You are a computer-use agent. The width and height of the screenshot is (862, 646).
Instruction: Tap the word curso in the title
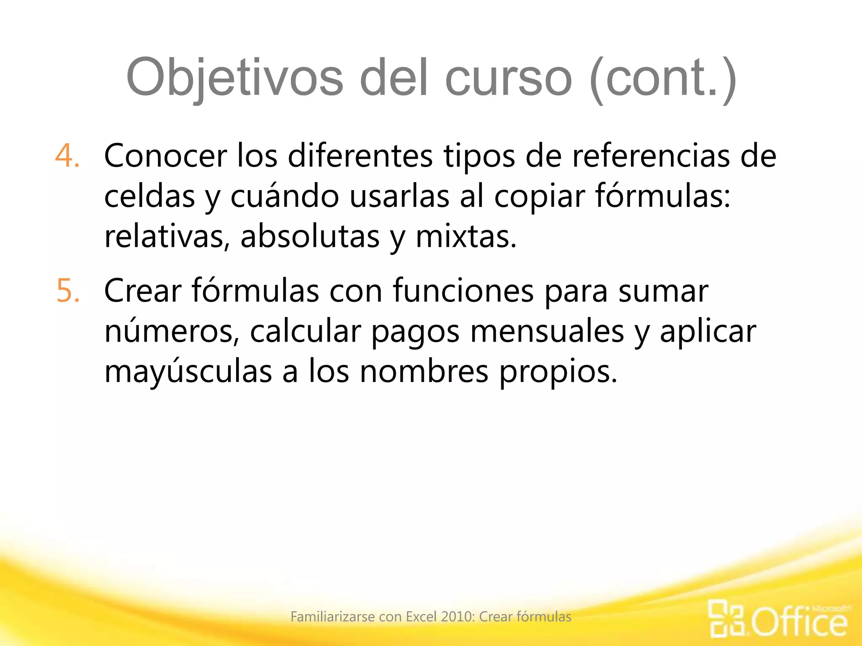coord(508,78)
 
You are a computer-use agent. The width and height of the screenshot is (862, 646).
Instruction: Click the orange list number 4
coord(67,156)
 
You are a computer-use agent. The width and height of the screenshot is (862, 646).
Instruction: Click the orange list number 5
coord(68,291)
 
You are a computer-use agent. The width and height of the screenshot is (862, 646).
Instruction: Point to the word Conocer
coord(165,156)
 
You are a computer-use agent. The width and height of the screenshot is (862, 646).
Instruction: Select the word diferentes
coord(360,156)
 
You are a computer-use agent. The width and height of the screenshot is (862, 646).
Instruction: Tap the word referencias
coord(651,156)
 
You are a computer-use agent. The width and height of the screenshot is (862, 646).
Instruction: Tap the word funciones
coord(463,291)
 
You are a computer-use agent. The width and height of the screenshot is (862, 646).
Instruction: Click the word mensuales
coord(547,331)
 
